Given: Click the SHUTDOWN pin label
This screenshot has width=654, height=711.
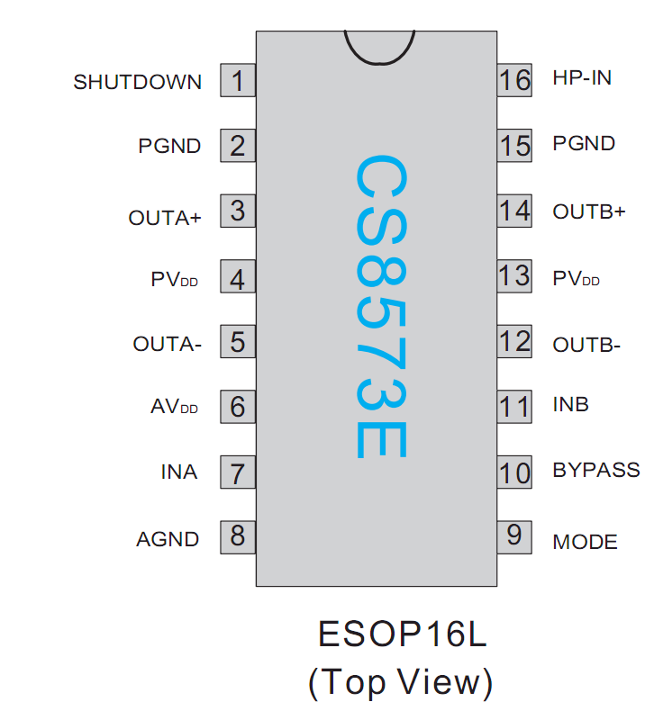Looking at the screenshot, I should tap(138, 82).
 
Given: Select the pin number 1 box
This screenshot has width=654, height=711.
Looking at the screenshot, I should tap(238, 82).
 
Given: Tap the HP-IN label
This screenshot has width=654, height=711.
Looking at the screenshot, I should tap(582, 78).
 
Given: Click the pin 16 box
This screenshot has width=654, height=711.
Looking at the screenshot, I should tap(514, 80).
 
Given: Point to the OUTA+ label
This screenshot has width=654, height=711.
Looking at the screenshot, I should tap(165, 218).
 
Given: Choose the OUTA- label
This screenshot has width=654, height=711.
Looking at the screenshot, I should tap(167, 344).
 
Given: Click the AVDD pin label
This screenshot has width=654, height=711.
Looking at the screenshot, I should tap(174, 407).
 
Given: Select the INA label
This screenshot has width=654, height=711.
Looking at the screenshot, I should tap(179, 472).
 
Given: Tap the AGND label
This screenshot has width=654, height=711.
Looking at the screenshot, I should tap(168, 539).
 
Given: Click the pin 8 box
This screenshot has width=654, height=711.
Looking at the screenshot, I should tap(238, 536).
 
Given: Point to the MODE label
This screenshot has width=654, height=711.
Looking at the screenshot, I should tap(585, 542).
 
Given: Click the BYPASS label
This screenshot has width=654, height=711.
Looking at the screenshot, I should tap(595, 470).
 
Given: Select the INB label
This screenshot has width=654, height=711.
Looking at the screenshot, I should tap(570, 404).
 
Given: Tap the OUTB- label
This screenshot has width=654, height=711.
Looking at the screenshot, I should tap(586, 345).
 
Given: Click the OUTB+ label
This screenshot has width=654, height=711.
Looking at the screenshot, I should tap(588, 212).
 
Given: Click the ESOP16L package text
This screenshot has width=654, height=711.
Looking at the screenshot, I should tap(402, 634).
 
